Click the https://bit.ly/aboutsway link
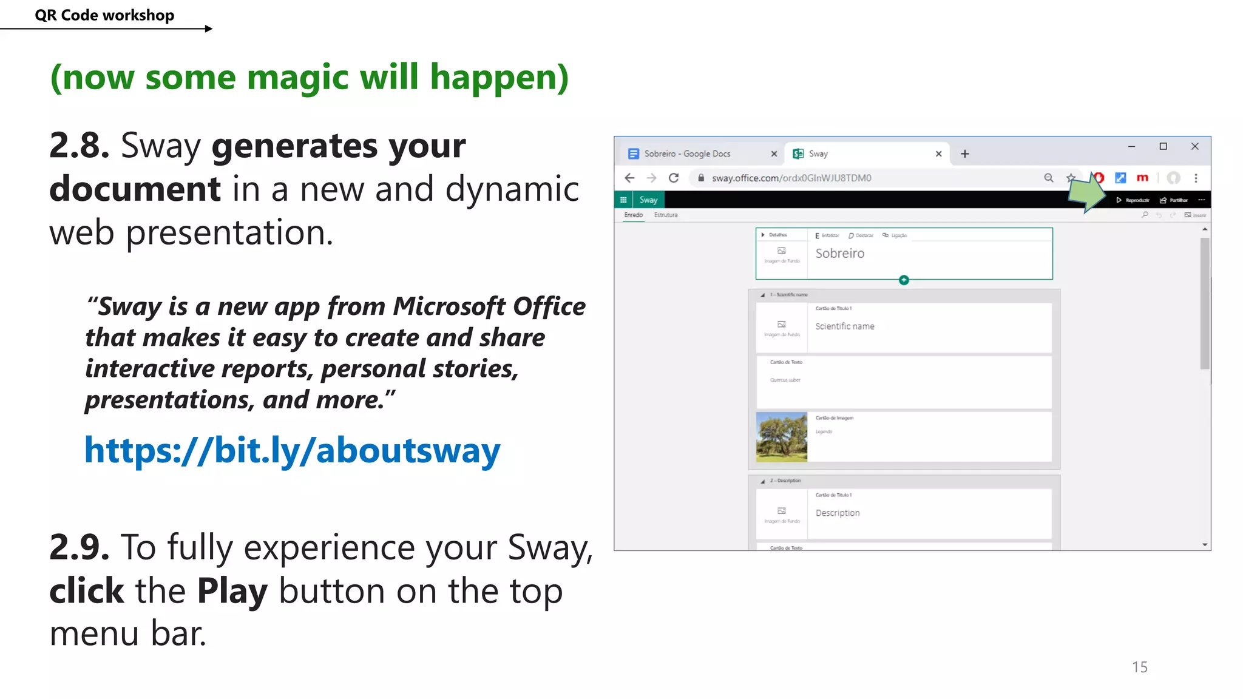(x=292, y=450)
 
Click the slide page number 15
(x=1139, y=667)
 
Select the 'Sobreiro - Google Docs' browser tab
(x=687, y=154)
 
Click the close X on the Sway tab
(x=938, y=154)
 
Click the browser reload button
(x=673, y=178)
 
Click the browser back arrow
(x=629, y=178)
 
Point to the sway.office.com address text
(x=791, y=178)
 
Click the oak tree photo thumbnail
(x=781, y=437)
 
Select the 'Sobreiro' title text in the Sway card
(x=839, y=254)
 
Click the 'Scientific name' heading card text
(x=844, y=326)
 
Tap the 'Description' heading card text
(x=837, y=513)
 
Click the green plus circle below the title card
(x=904, y=280)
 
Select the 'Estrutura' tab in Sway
(x=665, y=215)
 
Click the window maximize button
(x=1163, y=146)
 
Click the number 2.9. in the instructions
(x=79, y=547)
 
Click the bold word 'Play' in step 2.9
(x=232, y=590)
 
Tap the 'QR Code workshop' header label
(x=104, y=15)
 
